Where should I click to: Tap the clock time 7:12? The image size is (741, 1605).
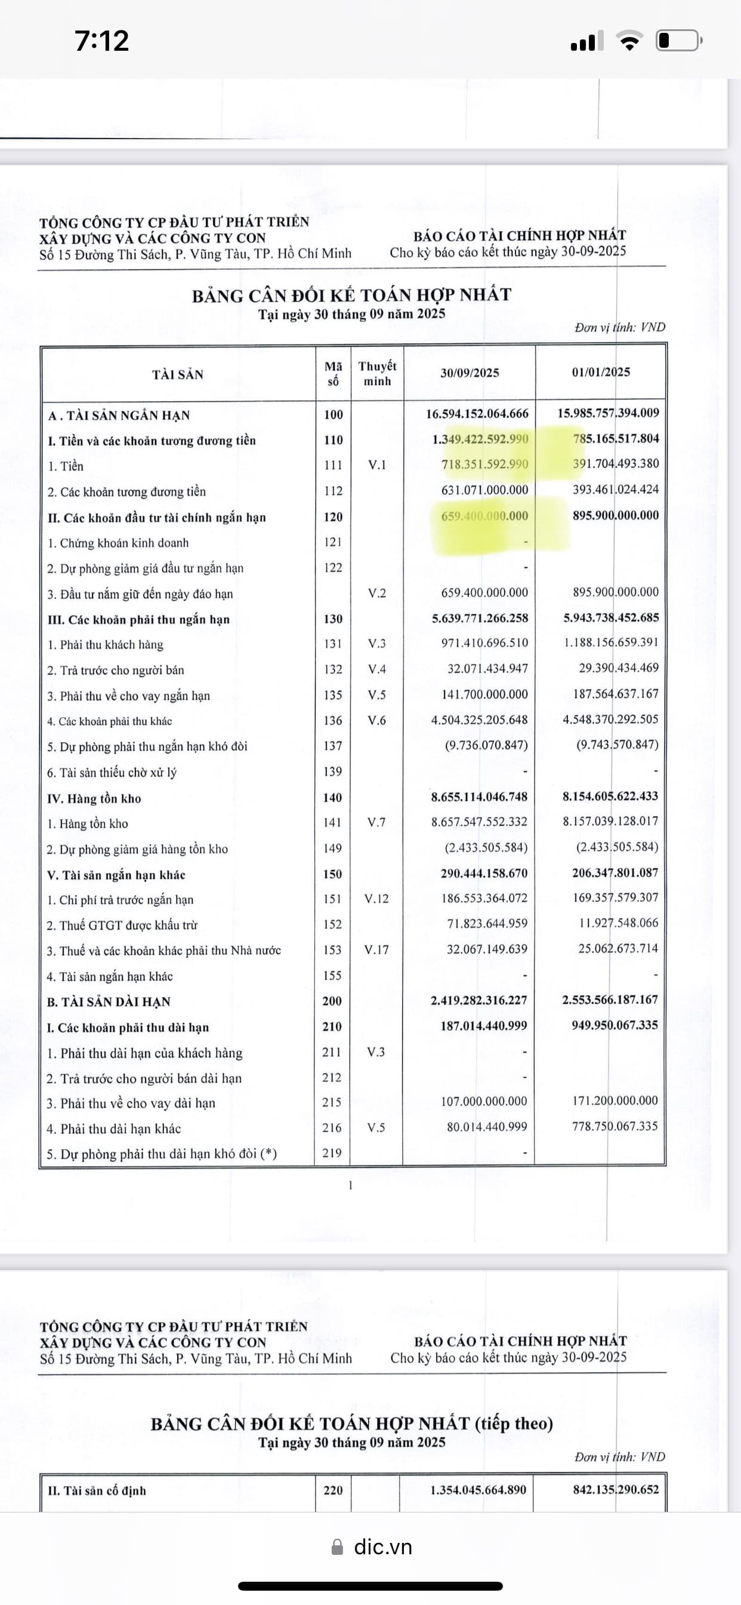pos(101,41)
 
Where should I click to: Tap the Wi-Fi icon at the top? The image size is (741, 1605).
pos(629,41)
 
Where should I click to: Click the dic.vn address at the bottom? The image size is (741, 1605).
pos(382,1546)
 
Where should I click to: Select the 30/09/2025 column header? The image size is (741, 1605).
pos(470,373)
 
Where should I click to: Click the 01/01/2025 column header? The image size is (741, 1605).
pos(601,372)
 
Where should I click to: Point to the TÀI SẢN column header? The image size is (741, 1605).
pos(177,374)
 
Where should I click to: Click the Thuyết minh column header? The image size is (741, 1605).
pos(376,373)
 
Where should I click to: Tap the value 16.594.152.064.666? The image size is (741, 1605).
pos(477,414)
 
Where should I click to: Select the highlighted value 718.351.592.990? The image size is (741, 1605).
pos(484,464)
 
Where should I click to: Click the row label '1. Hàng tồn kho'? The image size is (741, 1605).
pos(88,823)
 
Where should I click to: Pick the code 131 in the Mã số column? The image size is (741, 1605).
pos(332,644)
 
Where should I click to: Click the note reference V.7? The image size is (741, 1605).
pos(376,822)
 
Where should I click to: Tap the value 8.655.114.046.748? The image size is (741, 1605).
pos(479,797)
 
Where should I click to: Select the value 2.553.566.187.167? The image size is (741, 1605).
pos(610,1000)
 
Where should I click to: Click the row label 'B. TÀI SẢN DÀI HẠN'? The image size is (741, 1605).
pos(109,1001)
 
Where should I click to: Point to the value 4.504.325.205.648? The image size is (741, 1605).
pos(479,720)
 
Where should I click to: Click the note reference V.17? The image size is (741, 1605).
pos(376,949)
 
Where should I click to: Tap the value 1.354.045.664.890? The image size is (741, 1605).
pos(478,1490)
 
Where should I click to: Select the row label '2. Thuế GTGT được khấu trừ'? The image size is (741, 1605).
pos(122,926)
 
